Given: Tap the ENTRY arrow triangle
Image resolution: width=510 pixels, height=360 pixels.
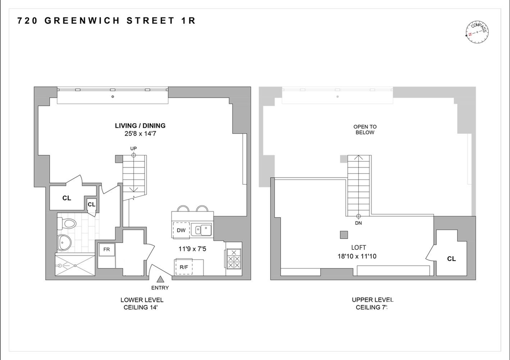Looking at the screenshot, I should [160, 279].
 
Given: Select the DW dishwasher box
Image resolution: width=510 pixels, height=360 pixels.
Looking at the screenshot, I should [181, 230].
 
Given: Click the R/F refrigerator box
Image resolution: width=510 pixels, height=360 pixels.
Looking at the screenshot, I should [184, 267].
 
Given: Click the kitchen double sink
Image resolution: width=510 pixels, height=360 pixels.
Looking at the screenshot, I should [201, 229].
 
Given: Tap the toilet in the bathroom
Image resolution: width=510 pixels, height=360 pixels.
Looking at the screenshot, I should [67, 224].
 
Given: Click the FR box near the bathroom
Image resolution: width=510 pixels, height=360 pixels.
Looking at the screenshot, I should [106, 249].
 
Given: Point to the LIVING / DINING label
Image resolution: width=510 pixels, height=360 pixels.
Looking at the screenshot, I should [140, 126].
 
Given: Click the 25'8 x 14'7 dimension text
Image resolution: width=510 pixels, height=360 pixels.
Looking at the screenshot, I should [140, 134].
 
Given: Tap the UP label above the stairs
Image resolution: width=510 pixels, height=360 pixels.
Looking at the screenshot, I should [133, 148].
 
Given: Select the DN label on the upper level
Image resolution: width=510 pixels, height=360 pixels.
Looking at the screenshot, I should [358, 223].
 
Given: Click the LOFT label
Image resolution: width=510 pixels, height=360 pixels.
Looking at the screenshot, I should [359, 248].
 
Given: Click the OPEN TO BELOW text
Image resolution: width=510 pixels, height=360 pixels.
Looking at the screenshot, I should [365, 130].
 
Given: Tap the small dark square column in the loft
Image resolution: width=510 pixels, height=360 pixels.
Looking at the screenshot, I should [344, 235].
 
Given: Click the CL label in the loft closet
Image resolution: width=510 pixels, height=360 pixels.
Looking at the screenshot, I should [451, 259].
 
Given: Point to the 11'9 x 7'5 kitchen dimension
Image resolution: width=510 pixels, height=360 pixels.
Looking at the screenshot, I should [192, 249].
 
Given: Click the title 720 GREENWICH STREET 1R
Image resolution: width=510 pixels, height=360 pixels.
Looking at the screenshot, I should [106, 21].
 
